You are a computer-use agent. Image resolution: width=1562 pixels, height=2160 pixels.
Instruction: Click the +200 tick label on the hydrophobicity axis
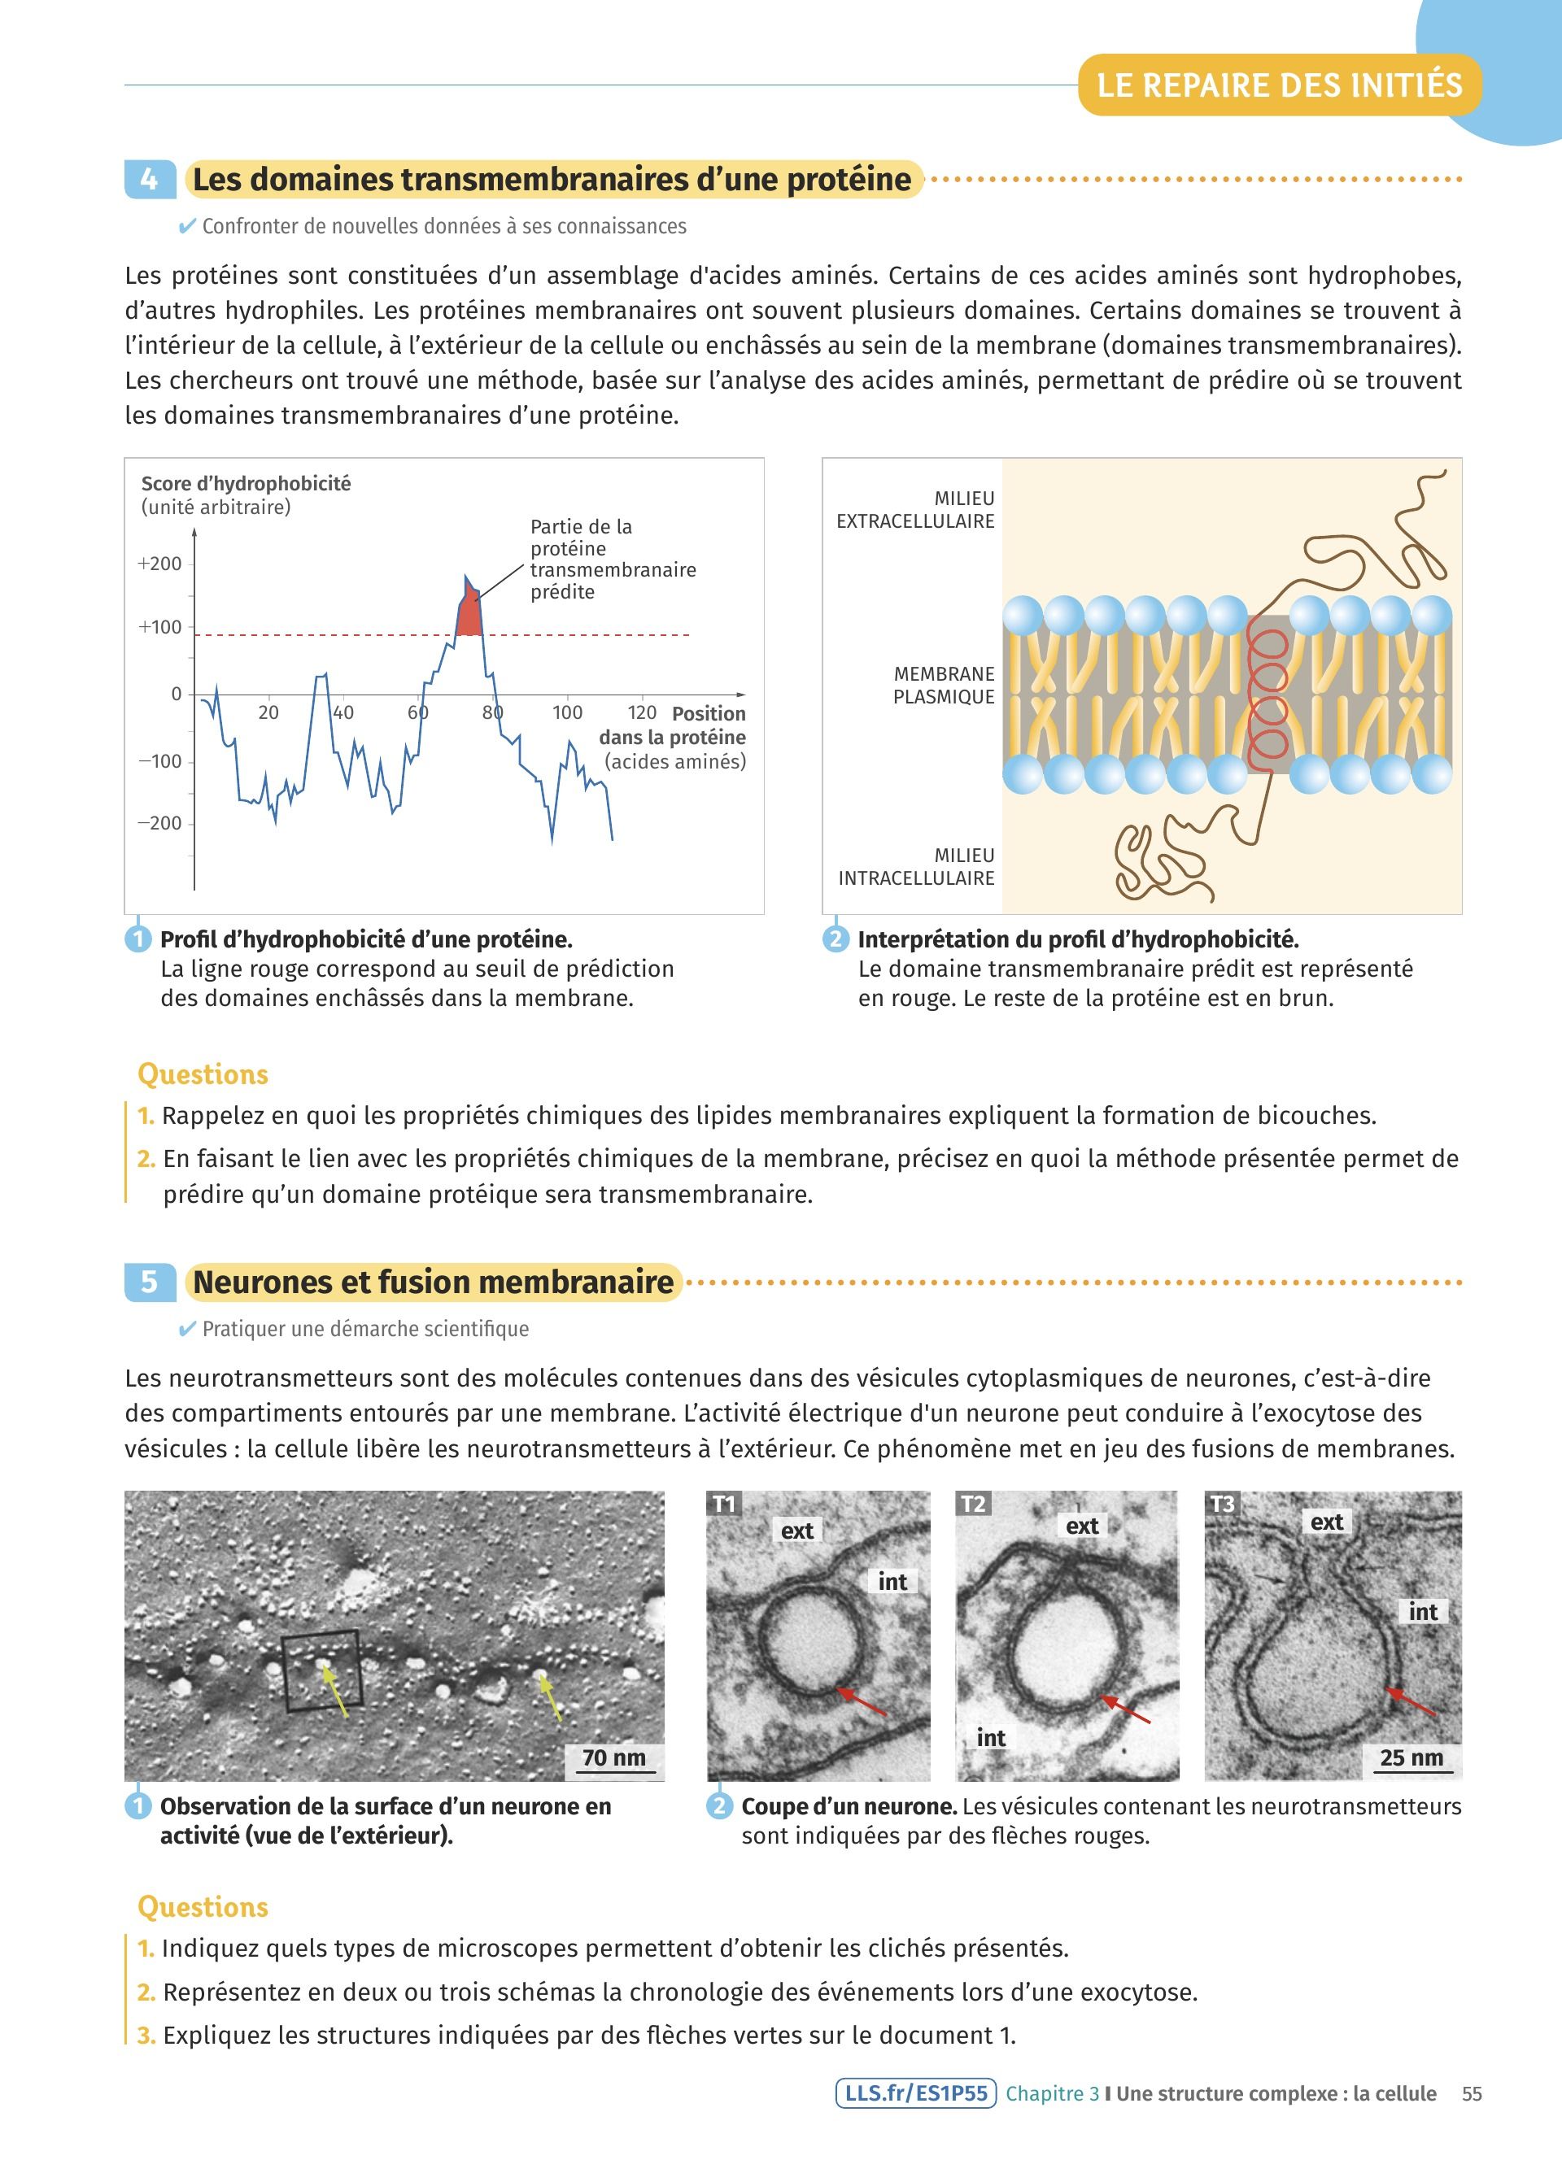(159, 563)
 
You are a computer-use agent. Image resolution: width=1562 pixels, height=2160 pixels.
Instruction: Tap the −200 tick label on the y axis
(159, 823)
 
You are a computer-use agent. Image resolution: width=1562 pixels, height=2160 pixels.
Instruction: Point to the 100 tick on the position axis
(568, 712)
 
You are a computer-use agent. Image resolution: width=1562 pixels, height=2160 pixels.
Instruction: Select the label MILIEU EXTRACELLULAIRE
(915, 510)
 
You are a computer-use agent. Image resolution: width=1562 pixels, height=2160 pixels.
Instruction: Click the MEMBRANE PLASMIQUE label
(943, 685)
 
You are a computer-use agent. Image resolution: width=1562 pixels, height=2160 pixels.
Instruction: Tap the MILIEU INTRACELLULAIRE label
(916, 867)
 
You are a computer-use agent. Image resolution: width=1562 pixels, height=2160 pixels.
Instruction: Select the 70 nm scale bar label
(613, 1757)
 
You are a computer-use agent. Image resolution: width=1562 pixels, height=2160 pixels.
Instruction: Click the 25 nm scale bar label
(1411, 1757)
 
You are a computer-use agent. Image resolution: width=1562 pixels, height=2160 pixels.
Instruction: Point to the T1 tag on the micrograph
(725, 1504)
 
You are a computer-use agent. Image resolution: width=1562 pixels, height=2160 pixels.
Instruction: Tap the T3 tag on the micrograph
(1222, 1504)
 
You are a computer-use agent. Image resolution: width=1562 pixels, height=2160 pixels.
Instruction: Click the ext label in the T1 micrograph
(797, 1531)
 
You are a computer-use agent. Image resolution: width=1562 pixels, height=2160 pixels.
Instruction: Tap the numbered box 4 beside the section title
(150, 180)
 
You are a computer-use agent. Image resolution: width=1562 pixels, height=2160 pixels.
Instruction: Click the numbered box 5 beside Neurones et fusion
(150, 1282)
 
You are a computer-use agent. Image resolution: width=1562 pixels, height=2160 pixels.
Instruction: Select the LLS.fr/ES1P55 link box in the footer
(915, 2093)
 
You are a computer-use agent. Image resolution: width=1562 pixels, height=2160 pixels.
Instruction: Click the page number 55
(1472, 2093)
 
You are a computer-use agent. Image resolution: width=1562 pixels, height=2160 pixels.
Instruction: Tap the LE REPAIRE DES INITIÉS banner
(1279, 85)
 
